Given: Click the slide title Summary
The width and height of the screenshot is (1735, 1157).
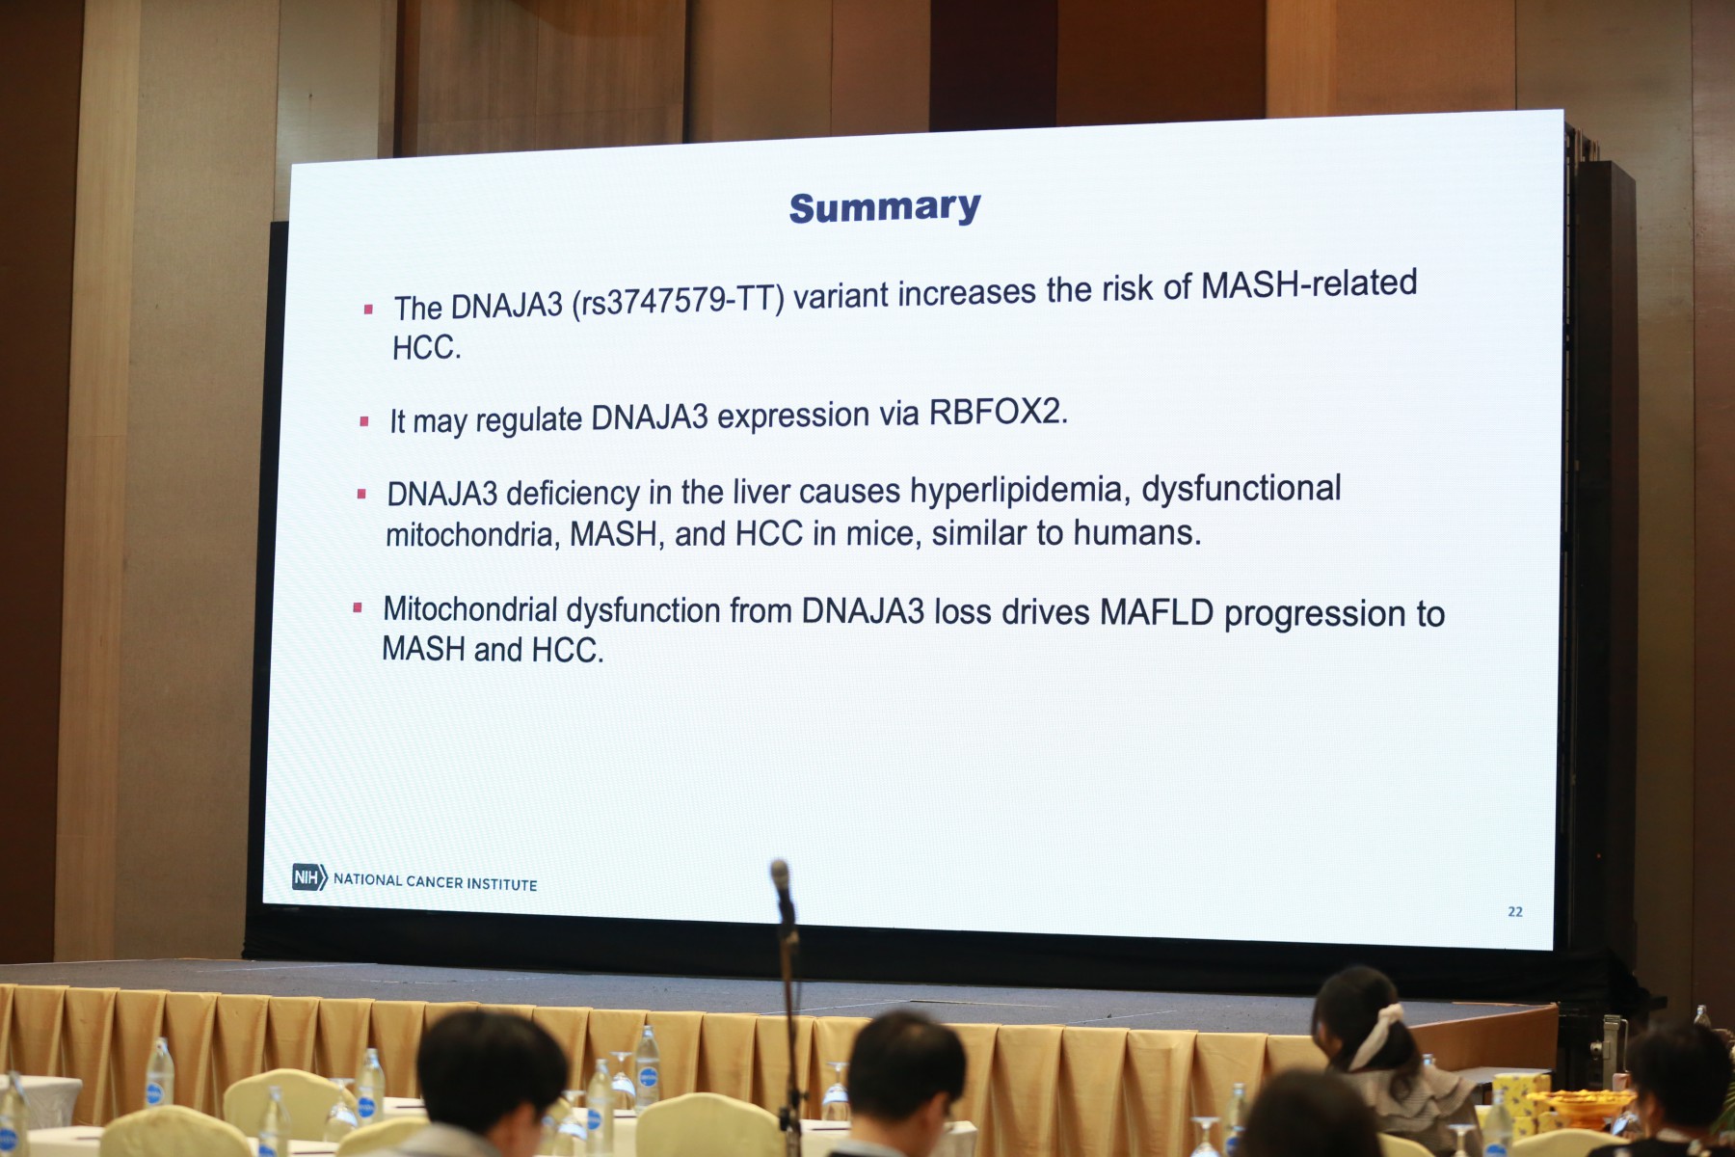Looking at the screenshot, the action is pyautogui.click(x=885, y=207).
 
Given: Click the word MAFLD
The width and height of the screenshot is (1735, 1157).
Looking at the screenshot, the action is pyautogui.click(x=1156, y=611).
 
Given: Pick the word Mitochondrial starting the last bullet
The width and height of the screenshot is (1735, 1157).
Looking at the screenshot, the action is pyautogui.click(x=470, y=609).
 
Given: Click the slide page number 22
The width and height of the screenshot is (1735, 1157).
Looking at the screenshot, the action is pyautogui.click(x=1515, y=911).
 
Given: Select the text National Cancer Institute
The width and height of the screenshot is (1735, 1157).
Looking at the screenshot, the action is pyautogui.click(x=435, y=881).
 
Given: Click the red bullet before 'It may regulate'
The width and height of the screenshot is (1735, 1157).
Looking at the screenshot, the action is pyautogui.click(x=364, y=421).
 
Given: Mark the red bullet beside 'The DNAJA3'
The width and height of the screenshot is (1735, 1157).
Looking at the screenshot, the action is pyautogui.click(x=368, y=309).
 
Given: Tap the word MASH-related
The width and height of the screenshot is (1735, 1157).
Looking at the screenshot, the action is pyautogui.click(x=1309, y=283).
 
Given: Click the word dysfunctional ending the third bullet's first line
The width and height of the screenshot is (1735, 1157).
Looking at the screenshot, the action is pyautogui.click(x=1241, y=489).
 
